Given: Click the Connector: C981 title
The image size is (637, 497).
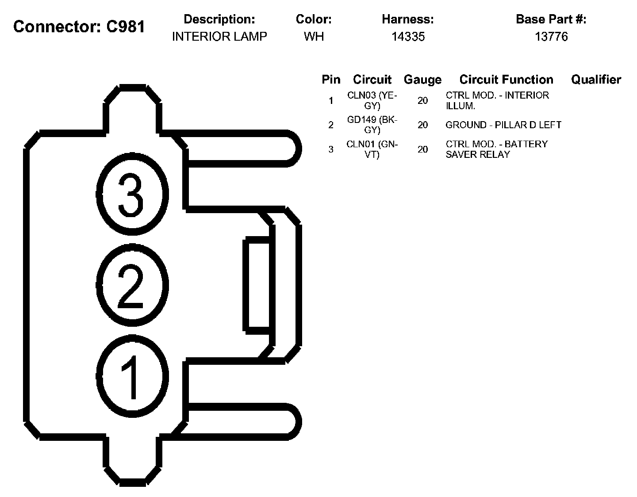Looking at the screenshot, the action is (79, 27).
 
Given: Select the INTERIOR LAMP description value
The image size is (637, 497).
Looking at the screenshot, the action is (219, 36).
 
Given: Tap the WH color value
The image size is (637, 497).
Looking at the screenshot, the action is (314, 36).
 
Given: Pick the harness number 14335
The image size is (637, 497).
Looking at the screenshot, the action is (408, 36).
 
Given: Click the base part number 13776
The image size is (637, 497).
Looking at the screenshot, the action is (551, 36).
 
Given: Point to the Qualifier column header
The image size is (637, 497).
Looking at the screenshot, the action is (596, 80).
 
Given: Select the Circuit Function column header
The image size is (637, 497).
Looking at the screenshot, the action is (506, 80).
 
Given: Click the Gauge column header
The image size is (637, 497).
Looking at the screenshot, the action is (422, 80).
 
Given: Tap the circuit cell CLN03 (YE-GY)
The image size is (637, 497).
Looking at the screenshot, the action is (372, 100).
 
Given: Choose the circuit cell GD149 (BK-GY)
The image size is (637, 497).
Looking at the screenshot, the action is (372, 125).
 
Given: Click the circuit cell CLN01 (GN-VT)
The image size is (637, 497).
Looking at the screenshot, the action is (372, 149).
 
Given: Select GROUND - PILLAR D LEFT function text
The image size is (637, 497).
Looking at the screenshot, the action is (503, 125).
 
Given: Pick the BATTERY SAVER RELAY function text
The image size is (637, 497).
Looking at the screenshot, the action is (496, 149).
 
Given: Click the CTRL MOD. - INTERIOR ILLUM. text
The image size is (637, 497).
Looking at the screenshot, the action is (497, 100).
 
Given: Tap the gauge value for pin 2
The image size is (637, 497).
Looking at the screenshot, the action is (422, 125).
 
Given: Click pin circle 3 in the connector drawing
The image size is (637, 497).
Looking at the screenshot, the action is (132, 195).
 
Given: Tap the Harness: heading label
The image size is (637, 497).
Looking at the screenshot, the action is (408, 19).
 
